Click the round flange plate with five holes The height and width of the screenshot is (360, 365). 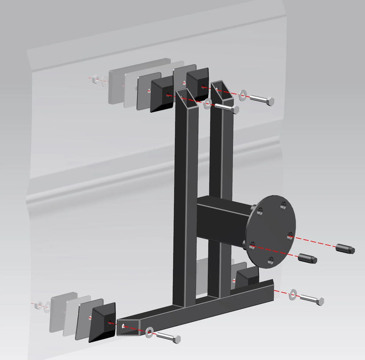[x=274, y=231]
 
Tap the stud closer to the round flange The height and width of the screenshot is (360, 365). [x=307, y=258]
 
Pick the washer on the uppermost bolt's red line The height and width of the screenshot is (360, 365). [x=243, y=94]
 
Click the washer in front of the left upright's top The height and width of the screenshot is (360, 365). [x=208, y=104]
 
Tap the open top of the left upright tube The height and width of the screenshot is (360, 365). [x=186, y=94]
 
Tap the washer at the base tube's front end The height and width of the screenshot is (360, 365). [x=150, y=332]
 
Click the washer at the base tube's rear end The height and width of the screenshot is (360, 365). [x=293, y=294]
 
